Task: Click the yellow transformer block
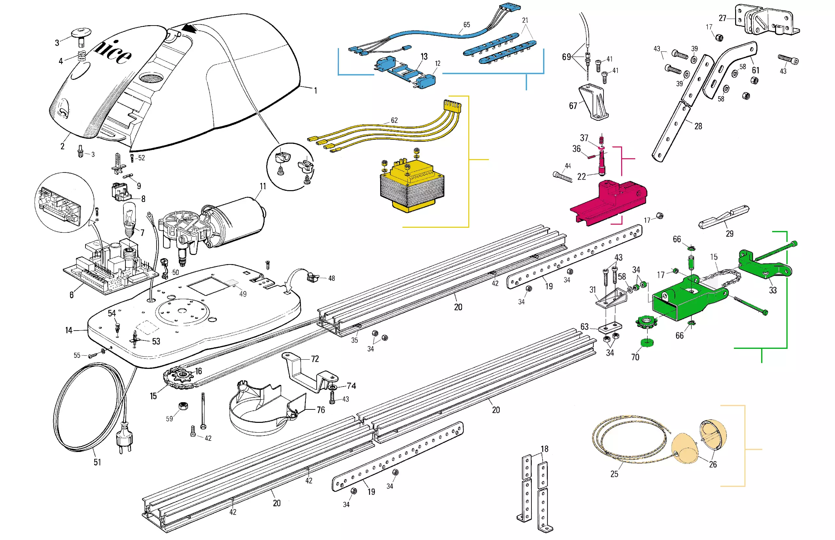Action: [412, 186]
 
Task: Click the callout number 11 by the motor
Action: [263, 186]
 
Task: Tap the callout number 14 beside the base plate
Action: [69, 330]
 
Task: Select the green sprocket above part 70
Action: [646, 321]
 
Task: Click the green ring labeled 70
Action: [647, 342]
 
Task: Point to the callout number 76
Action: [321, 409]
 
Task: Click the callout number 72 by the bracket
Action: [315, 359]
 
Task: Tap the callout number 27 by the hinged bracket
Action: [722, 18]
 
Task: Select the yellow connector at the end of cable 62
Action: [452, 105]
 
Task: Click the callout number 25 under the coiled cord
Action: [614, 474]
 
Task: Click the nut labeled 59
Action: [183, 406]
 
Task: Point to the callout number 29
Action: [730, 234]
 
